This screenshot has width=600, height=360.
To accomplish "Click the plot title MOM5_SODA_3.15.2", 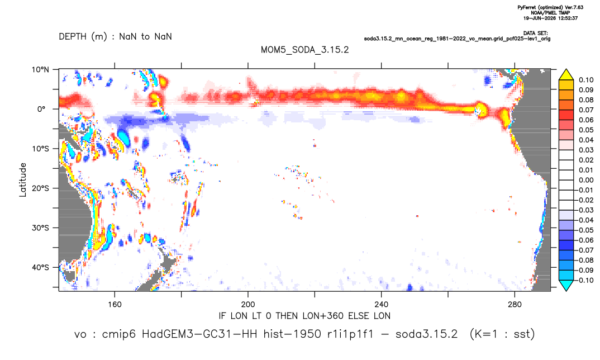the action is pos(304,50).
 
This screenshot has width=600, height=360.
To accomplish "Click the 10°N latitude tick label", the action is pos(40,70).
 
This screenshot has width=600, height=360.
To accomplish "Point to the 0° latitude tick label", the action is pos(41,109).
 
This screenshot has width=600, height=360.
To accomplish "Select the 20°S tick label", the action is pos(40,188).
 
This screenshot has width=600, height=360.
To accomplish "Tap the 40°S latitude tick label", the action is pos(40,267).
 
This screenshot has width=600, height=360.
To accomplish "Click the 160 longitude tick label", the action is pos(115,305).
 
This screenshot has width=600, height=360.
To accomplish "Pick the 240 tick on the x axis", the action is pos(382,305).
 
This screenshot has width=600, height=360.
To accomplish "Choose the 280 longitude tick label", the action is pos(515,305).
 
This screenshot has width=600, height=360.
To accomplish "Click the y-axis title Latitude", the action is pos(22,180).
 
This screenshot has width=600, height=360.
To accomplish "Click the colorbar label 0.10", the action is pos(586,80).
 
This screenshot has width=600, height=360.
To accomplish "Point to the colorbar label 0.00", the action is pos(586,180).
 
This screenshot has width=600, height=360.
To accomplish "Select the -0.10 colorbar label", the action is pos(584,280).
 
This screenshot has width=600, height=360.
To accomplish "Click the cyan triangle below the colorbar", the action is pos(566,285).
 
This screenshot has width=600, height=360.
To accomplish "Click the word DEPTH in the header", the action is pos(73,37).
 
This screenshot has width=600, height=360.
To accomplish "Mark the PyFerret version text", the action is pos(550,7).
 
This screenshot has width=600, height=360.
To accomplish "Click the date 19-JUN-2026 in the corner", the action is pos(539,18).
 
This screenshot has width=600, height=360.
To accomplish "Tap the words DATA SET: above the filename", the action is pos(535,34).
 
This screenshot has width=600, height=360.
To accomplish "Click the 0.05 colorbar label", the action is pos(586,130).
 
